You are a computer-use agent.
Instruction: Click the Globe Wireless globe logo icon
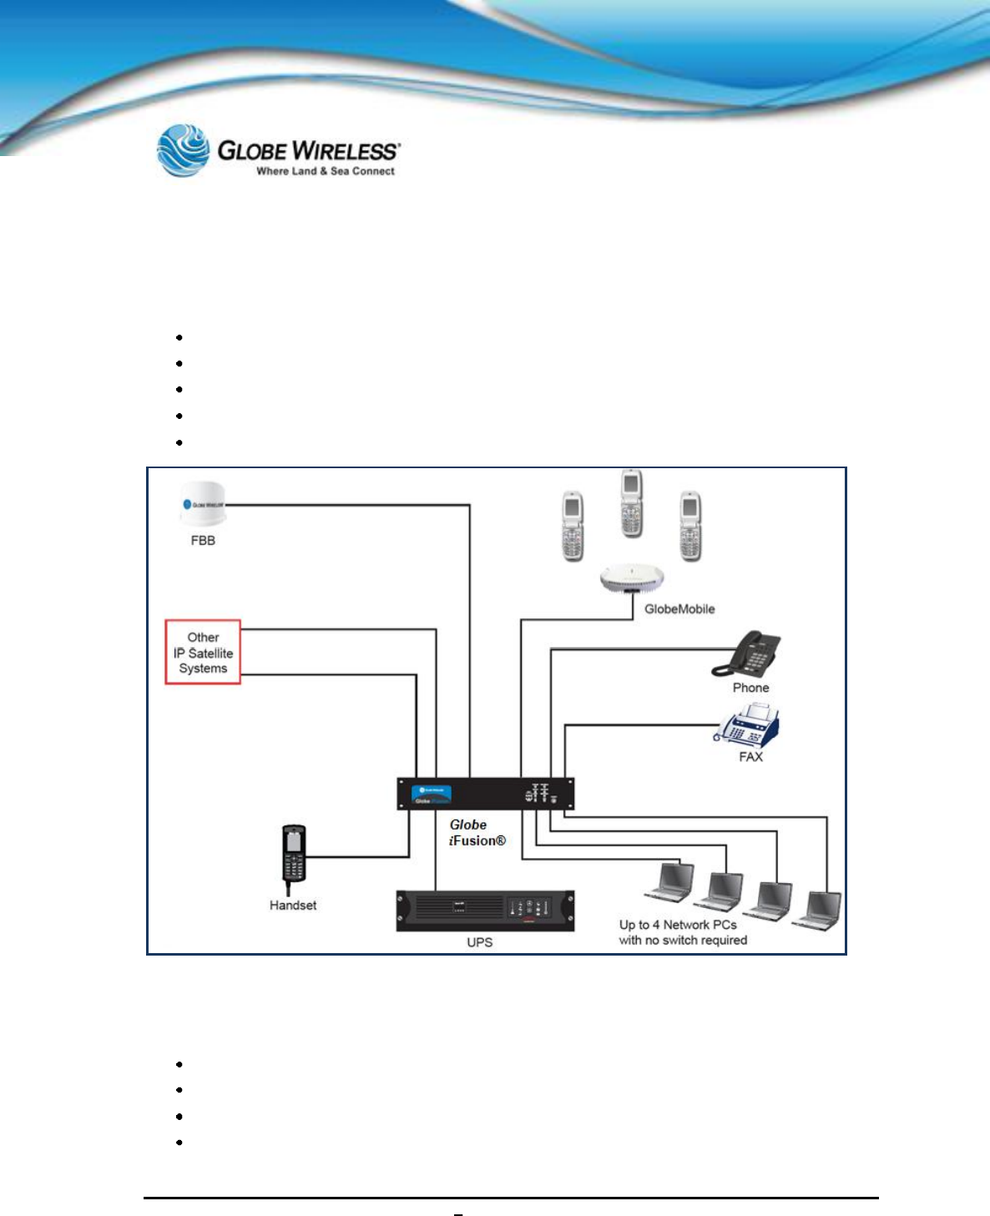click(x=184, y=150)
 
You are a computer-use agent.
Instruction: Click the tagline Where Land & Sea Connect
click(x=326, y=171)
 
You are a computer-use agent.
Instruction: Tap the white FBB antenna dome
click(x=203, y=504)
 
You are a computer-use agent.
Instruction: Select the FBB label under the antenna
click(x=203, y=541)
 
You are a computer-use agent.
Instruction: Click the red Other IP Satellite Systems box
click(x=203, y=653)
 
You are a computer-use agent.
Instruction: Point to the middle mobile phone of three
click(x=632, y=503)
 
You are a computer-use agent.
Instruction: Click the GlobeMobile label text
click(x=679, y=609)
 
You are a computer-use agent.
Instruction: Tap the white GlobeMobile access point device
click(x=632, y=578)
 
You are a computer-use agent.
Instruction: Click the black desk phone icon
click(x=748, y=654)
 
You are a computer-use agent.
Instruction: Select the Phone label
click(x=750, y=688)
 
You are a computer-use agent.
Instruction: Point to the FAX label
click(x=750, y=757)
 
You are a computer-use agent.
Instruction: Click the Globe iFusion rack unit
click(x=485, y=794)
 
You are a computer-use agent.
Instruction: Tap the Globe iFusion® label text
click(x=477, y=833)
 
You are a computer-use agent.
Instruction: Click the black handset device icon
click(x=294, y=855)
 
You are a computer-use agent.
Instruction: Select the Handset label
click(x=293, y=906)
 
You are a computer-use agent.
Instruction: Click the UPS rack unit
click(x=485, y=911)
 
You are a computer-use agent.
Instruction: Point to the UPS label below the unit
click(x=480, y=942)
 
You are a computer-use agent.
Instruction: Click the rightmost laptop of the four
click(x=819, y=911)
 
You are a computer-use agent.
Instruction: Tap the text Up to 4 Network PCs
click(x=678, y=925)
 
